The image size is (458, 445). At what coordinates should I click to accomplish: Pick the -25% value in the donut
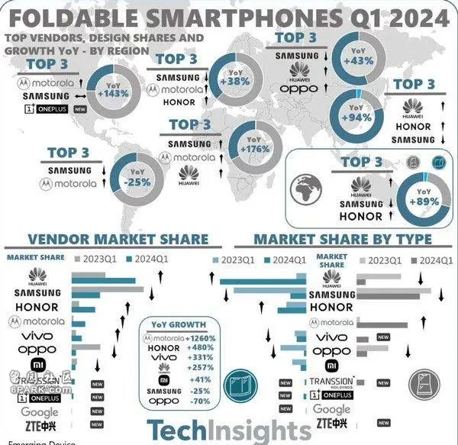tap(137, 183)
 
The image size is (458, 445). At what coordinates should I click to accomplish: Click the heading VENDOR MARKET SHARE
tap(117, 239)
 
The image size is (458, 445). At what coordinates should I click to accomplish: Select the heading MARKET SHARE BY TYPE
tap(343, 239)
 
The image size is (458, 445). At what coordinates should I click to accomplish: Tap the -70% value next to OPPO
tap(201, 401)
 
